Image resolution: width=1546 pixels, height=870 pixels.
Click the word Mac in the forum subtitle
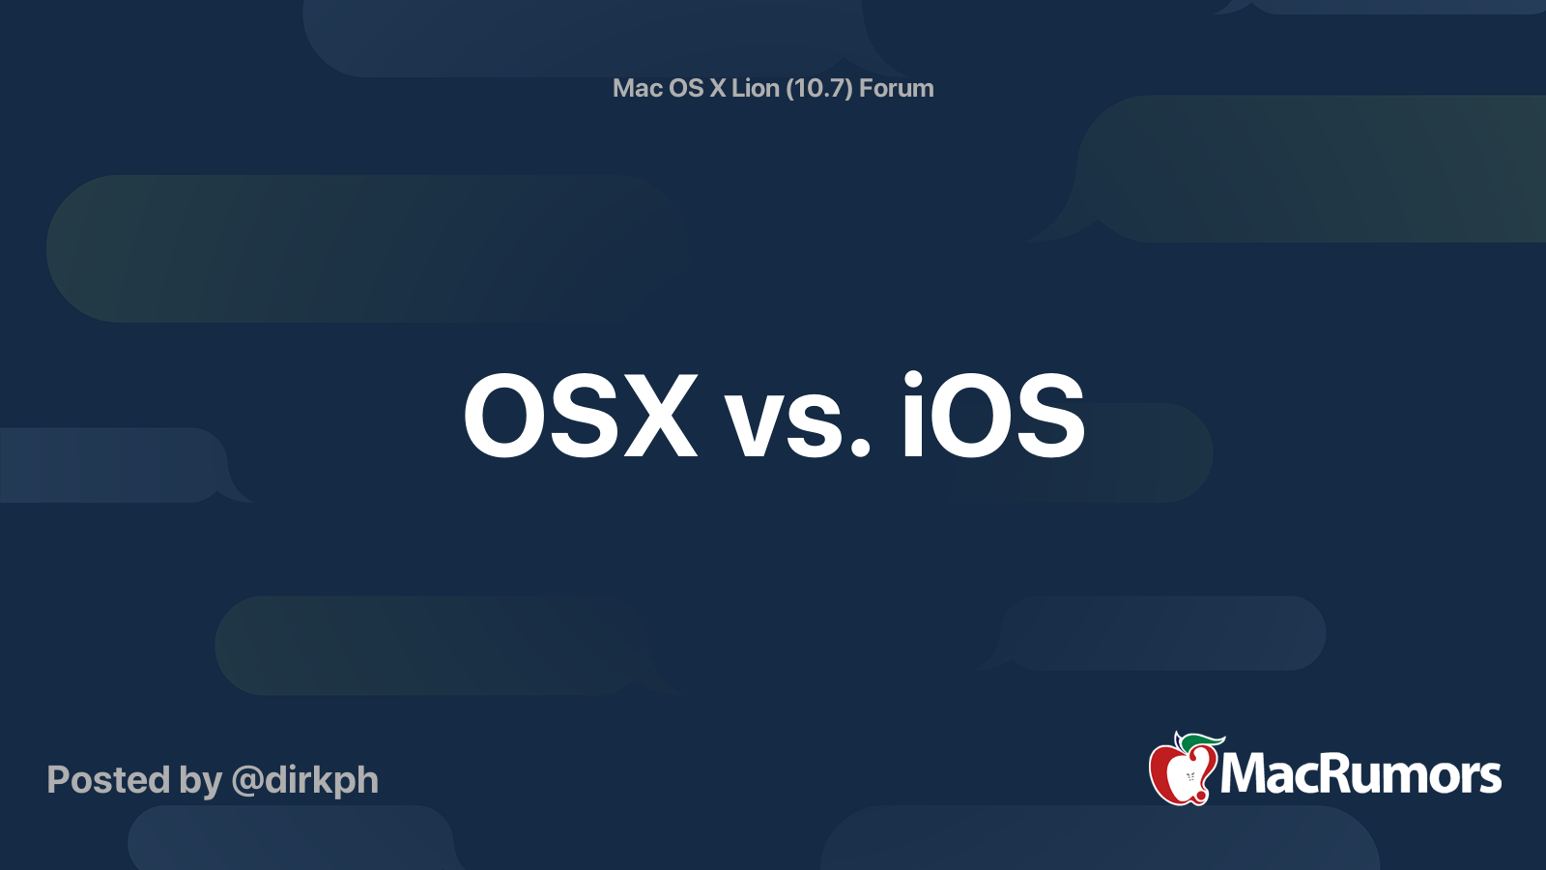point(637,88)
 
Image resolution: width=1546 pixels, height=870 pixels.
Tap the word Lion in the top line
point(755,88)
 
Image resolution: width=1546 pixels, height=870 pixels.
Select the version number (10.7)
point(819,88)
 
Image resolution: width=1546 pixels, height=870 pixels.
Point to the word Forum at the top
point(897,88)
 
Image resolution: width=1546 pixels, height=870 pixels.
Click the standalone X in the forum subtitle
point(717,88)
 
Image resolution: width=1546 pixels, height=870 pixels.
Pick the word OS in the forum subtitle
point(686,88)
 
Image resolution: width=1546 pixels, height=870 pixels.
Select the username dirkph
point(322,781)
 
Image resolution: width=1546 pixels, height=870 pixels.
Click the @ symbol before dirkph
point(247,781)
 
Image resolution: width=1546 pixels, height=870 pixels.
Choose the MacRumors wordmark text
point(1360,774)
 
